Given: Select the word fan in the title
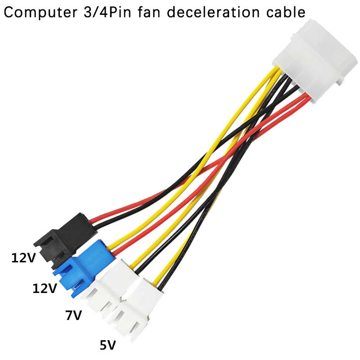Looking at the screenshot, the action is pos(149,12).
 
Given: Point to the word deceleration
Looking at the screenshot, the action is pos(213,12).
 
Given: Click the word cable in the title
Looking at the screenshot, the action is pos(286,12).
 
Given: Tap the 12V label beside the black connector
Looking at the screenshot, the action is pos(24,258).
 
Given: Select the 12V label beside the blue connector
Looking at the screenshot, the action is pos(45,288).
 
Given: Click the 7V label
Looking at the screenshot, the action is pos(73,315).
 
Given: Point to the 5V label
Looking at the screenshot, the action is pos(108,345).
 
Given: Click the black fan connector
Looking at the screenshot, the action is pos(65,240).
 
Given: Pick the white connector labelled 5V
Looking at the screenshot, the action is pos(135,309).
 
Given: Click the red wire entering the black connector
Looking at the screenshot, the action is pos(129,206).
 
